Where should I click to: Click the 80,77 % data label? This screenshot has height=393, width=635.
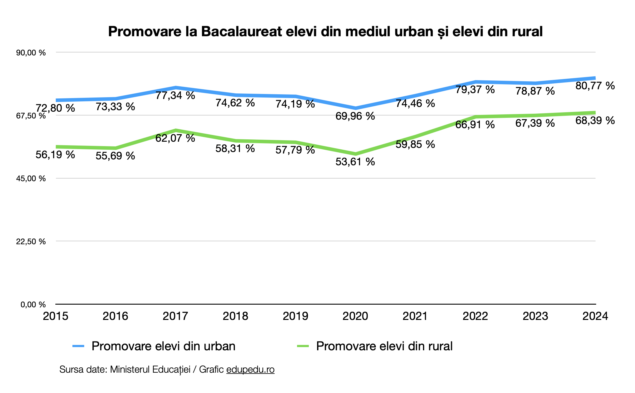[595, 86]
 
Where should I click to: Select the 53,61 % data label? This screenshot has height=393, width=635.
[355, 162]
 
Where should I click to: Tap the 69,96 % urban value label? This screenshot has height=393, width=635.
[355, 116]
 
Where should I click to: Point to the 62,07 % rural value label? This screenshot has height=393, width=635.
[175, 138]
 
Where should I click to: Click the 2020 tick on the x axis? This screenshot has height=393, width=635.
[355, 316]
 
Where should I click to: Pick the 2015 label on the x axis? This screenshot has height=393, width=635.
[55, 316]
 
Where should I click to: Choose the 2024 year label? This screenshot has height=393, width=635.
[595, 316]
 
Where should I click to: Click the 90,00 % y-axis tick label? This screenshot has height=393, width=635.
[31, 53]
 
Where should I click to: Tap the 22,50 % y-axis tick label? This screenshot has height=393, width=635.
[31, 242]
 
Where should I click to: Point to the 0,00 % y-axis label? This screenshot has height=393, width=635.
[33, 304]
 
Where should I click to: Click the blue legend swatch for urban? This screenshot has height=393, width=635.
[78, 346]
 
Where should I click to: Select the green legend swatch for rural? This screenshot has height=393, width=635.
[303, 346]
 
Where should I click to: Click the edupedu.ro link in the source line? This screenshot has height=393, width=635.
[250, 369]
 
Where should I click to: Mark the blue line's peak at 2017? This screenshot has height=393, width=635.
[176, 87]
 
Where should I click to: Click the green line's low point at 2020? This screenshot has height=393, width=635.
[355, 154]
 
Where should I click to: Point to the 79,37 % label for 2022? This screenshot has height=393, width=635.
[475, 89]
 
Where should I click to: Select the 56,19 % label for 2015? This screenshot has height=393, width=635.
[55, 155]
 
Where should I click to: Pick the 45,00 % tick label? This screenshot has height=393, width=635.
[31, 179]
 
